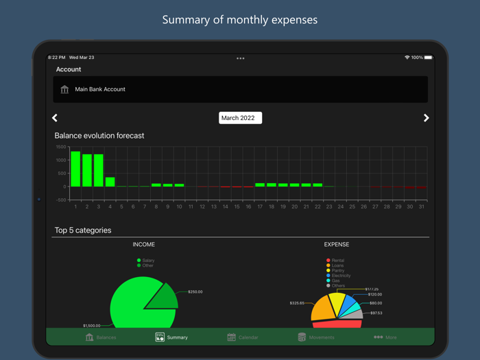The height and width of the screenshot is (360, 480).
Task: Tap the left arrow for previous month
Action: pos(55,118)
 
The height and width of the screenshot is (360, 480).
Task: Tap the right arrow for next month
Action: pos(426,118)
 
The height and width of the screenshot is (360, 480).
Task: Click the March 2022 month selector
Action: pos(240,118)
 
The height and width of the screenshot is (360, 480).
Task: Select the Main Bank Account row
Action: pos(240,89)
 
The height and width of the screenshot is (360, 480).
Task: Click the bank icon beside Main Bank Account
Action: pos(64,89)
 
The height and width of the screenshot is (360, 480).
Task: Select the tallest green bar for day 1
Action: pos(75,169)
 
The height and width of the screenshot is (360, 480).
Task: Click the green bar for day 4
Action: pos(110,182)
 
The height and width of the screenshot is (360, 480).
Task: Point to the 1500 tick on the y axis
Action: pos(60,147)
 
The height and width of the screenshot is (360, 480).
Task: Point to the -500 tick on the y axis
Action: pos(60,200)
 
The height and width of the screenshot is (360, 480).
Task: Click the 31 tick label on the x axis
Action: pos(421,206)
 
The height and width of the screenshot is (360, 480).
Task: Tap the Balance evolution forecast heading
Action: pos(99,136)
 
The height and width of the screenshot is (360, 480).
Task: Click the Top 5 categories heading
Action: pos(83,230)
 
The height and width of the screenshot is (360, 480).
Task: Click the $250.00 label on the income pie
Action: pos(195,292)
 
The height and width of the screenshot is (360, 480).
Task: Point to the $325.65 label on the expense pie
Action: pos(297,302)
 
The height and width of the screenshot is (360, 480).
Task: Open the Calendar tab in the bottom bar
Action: pos(243,337)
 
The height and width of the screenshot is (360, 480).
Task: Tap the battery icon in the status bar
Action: pos(429,58)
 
